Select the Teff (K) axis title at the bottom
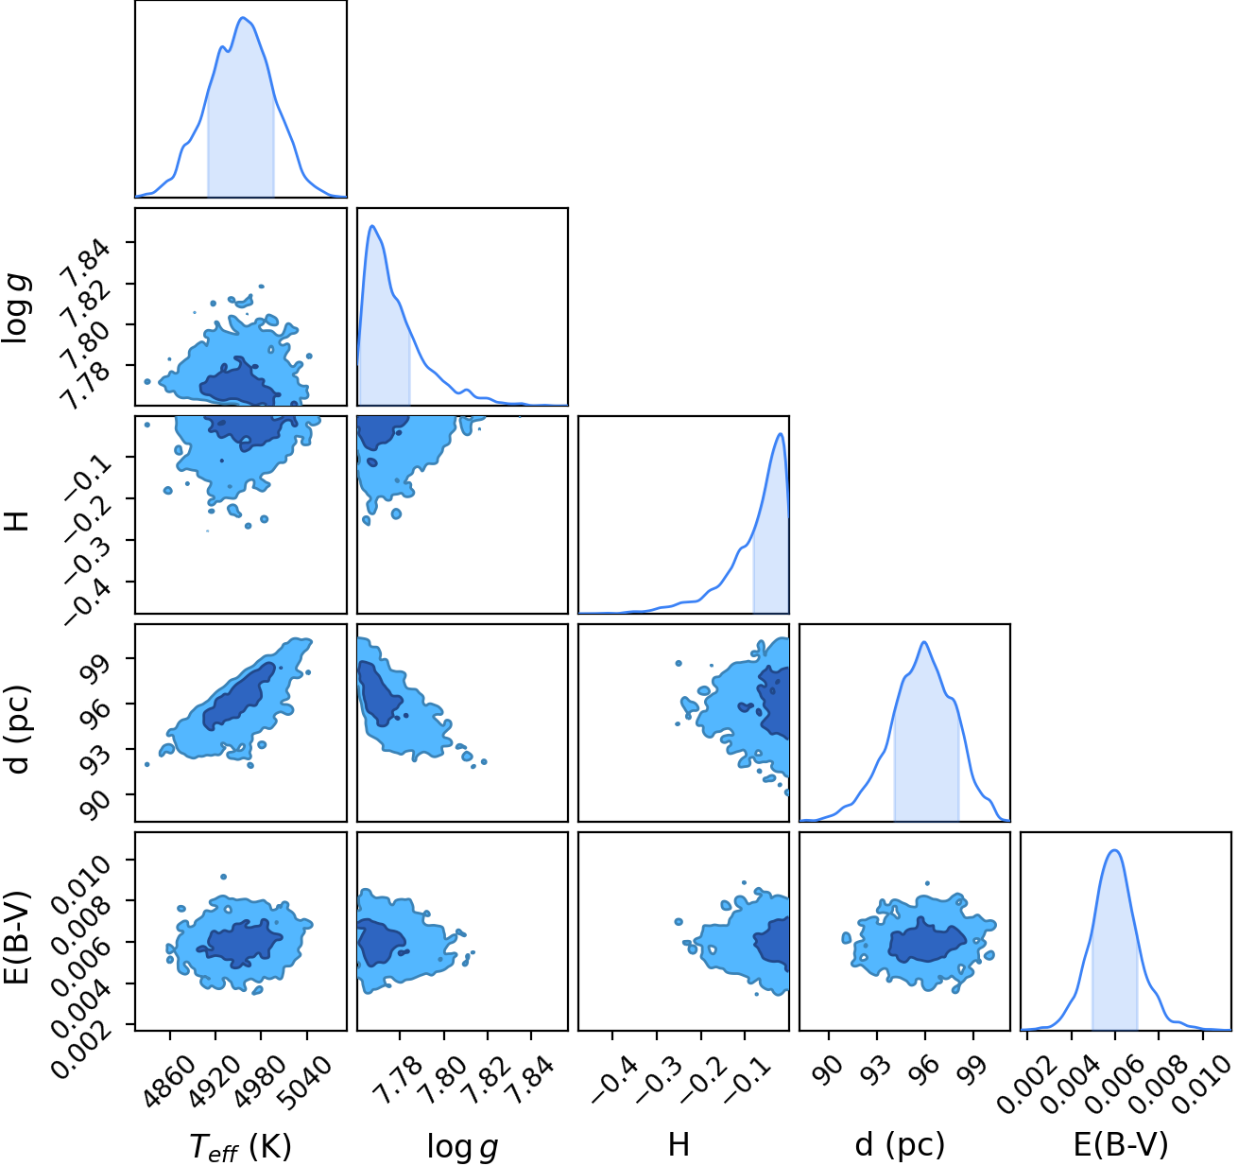tap(240, 1146)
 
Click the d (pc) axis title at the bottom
tap(900, 1145)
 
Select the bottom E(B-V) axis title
tap(1120, 1145)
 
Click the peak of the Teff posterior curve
tap(243, 17)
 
